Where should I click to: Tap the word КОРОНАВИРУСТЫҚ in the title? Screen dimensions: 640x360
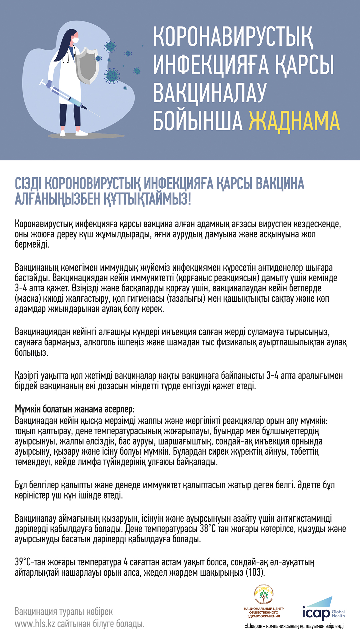233,37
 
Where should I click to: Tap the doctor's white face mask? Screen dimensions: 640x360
76,40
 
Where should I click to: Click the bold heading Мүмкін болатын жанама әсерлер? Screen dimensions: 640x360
74,409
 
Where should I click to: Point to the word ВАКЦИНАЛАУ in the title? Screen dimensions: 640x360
210,93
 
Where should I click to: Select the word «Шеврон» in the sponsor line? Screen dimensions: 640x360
255,626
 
